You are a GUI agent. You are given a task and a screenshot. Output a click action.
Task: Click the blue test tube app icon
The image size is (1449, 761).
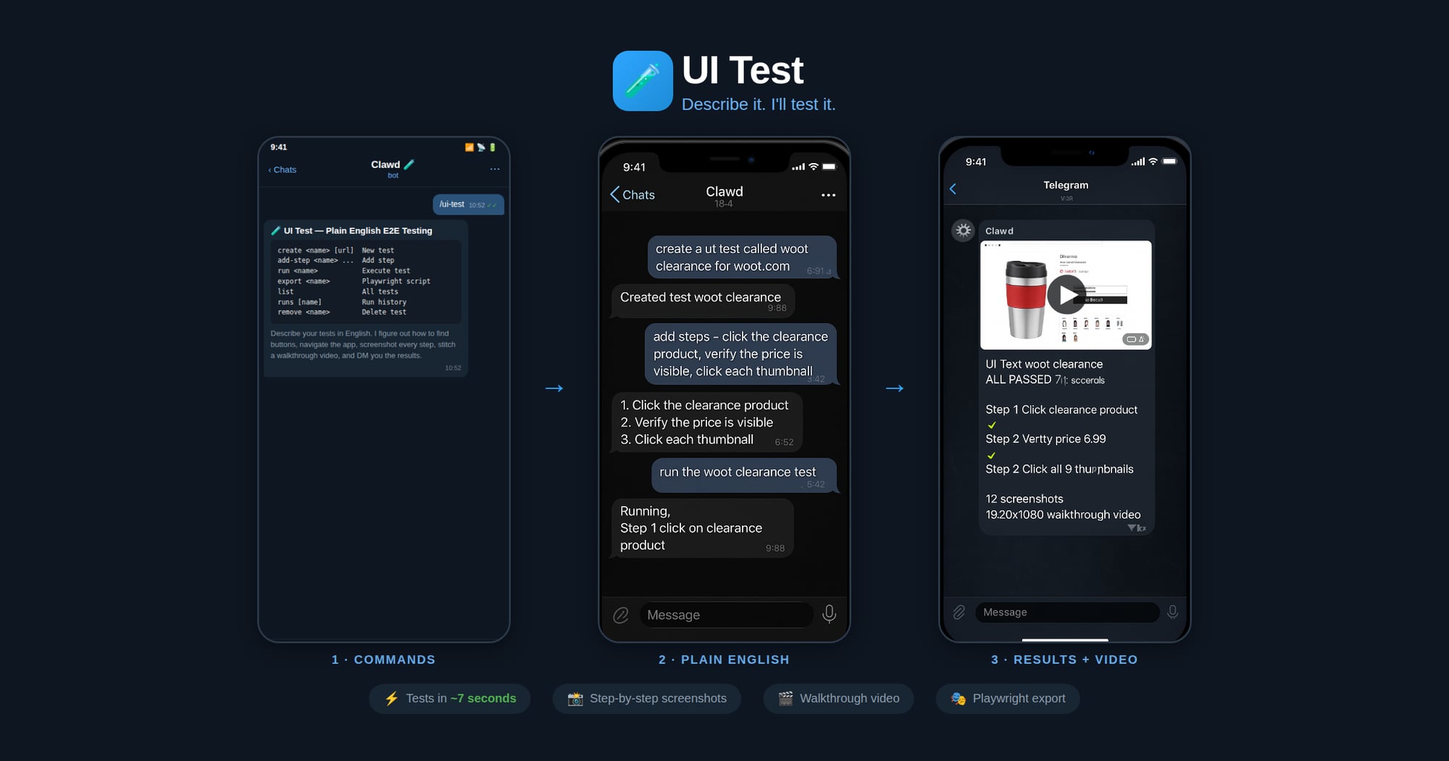click(643, 80)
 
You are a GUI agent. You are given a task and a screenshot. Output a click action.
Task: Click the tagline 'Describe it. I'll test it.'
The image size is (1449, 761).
click(758, 104)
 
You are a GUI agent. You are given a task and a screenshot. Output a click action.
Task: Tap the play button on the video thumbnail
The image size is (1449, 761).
click(1066, 294)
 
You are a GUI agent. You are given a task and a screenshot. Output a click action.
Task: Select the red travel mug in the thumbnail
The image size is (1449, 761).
click(1026, 299)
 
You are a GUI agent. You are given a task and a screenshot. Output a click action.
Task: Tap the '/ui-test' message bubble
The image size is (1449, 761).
click(467, 204)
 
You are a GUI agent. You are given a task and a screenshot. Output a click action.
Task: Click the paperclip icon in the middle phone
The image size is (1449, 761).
click(621, 615)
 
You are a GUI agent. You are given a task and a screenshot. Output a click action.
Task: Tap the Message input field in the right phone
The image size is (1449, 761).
click(1066, 612)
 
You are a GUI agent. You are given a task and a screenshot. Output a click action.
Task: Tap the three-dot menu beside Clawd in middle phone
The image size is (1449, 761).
click(828, 195)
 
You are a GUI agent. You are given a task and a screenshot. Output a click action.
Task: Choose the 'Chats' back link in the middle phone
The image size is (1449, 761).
click(632, 195)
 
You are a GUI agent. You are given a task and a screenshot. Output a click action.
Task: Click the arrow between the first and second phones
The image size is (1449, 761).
click(554, 388)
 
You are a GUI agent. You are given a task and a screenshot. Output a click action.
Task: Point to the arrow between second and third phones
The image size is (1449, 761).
click(895, 388)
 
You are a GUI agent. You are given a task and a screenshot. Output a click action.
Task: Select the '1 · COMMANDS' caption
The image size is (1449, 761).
click(383, 660)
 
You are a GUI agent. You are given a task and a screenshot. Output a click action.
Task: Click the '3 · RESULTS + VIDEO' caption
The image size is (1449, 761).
click(1064, 660)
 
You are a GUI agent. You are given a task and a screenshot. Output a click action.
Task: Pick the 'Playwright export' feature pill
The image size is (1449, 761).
click(1008, 699)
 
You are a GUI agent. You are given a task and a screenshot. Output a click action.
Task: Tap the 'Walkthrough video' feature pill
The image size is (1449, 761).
click(838, 699)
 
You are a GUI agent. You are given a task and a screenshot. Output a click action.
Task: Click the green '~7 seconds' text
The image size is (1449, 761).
click(483, 699)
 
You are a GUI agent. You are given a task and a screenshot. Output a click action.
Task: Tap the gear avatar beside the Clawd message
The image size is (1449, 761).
click(963, 230)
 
